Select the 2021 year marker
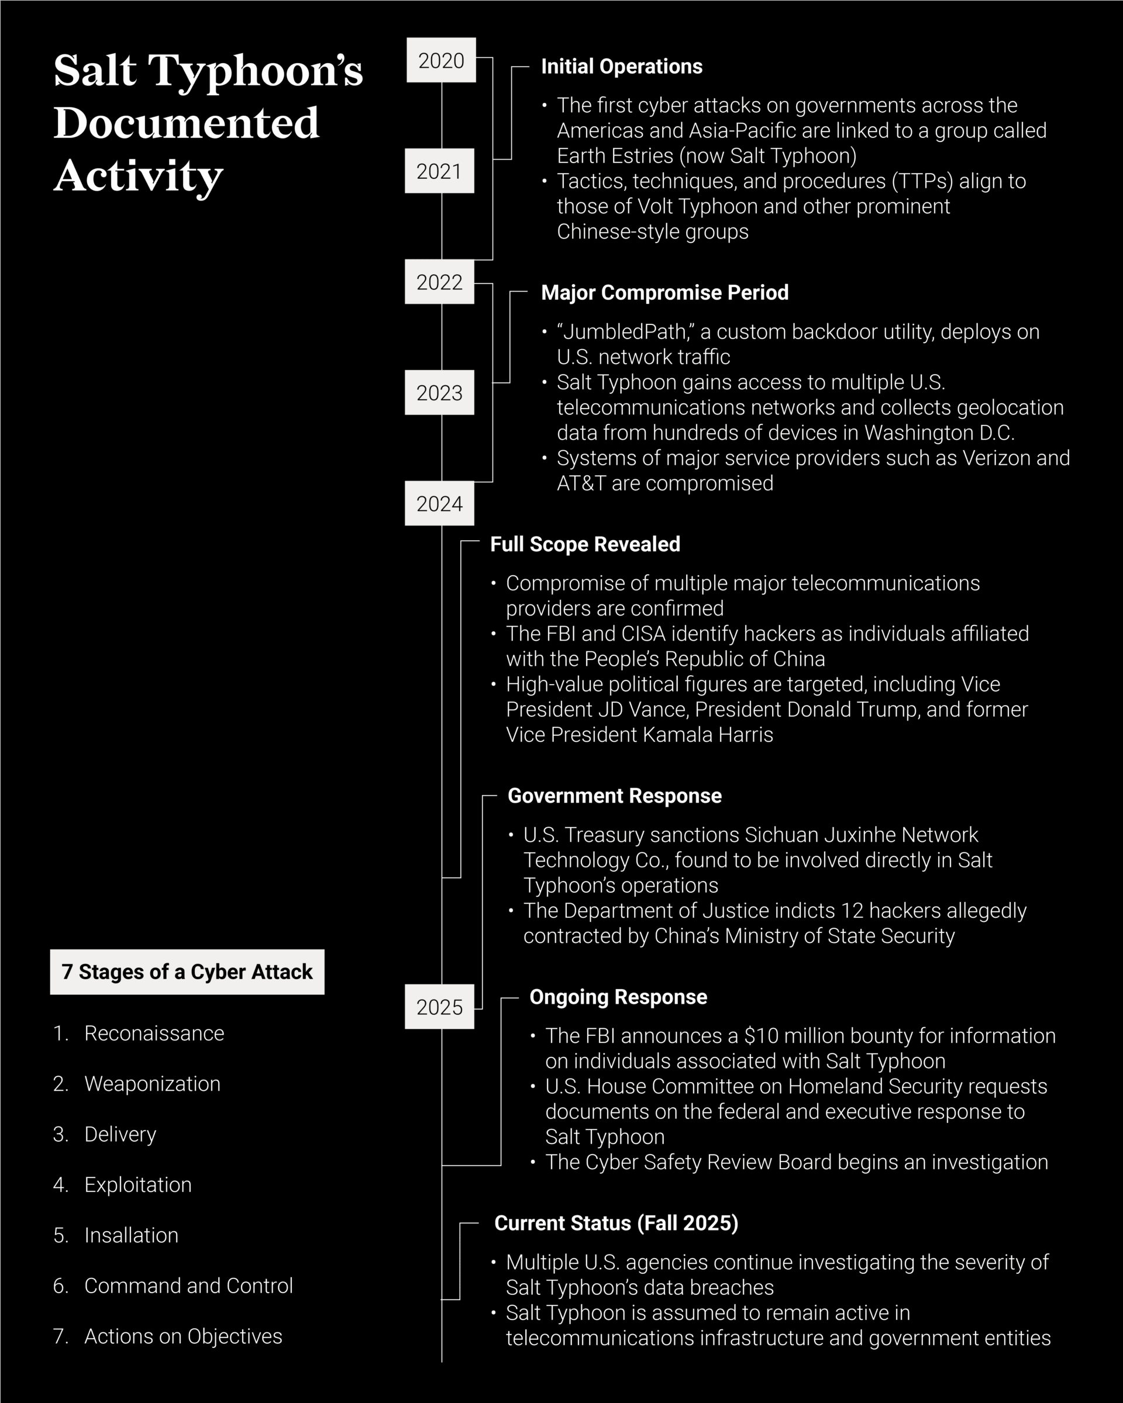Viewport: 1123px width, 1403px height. [x=439, y=171]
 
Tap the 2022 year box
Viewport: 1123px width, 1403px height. [x=439, y=282]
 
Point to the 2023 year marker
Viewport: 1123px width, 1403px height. [x=439, y=392]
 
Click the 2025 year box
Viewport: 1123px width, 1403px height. [x=439, y=1007]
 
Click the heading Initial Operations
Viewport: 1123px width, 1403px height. [x=622, y=67]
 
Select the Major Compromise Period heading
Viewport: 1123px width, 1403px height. [x=664, y=293]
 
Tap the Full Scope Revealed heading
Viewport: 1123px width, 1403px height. [x=585, y=544]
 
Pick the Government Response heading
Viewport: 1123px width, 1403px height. [x=615, y=796]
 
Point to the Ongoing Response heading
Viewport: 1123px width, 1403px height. [x=618, y=997]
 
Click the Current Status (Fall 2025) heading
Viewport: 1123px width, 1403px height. [x=616, y=1224]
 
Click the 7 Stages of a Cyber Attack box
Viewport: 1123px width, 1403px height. [x=187, y=972]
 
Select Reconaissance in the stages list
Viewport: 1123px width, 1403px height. [x=154, y=1034]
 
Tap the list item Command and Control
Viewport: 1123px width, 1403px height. [x=188, y=1285]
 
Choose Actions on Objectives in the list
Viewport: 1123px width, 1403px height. [x=183, y=1336]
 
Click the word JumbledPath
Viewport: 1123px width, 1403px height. [x=625, y=332]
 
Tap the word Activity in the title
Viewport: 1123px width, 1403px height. [x=138, y=176]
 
